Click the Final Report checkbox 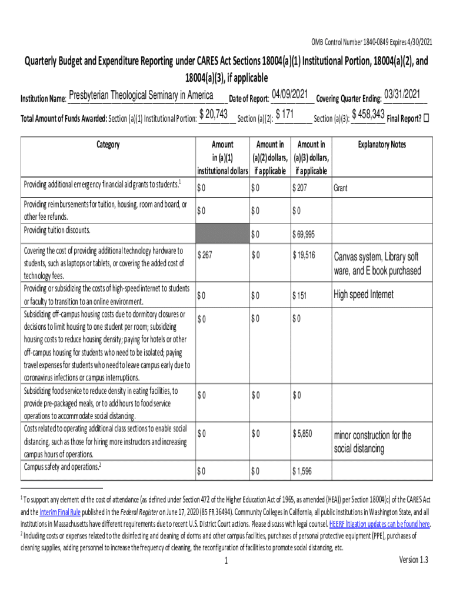coord(427,117)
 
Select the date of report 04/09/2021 coord(290,95)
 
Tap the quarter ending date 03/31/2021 coord(402,94)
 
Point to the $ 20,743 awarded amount coord(214,116)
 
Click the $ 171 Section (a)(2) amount coord(285,116)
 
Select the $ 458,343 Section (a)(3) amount coord(368,115)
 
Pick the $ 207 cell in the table coord(301,189)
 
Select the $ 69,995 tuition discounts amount coord(304,235)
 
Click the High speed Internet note coord(364,295)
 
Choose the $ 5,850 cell coord(302,434)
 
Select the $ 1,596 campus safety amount coord(302,471)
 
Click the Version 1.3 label coord(414,560)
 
